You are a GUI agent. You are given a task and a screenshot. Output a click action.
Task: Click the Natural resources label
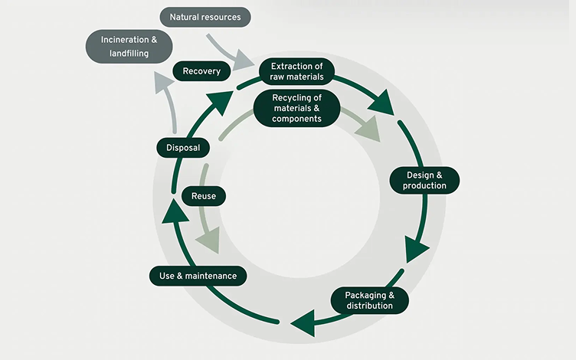pos(205,16)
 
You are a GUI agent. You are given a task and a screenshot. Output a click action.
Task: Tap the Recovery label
pos(202,71)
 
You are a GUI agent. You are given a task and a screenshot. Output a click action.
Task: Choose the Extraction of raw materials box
pos(297,71)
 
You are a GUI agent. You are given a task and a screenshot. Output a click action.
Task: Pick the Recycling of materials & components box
pos(296,107)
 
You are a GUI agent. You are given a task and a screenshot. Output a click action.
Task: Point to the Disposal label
pos(183,148)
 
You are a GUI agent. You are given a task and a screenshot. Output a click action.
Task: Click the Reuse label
pos(204,196)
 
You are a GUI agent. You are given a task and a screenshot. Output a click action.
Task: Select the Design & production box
pos(424,180)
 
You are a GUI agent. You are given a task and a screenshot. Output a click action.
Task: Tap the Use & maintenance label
pos(198,276)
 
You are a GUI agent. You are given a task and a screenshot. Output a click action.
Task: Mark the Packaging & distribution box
pos(370,300)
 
